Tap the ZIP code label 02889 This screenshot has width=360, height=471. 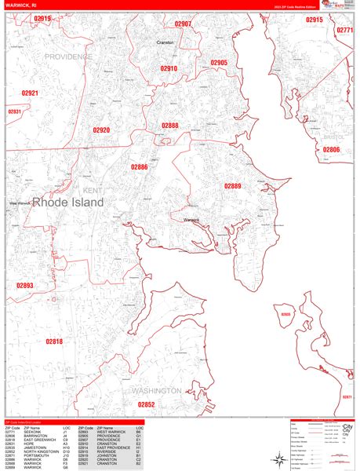[x=233, y=186]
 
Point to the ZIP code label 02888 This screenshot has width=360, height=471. [x=170, y=126]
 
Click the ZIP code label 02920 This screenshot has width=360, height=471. [x=101, y=130]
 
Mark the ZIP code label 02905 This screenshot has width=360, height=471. [x=219, y=63]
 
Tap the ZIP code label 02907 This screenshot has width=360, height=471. [x=183, y=24]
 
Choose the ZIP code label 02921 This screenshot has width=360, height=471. [x=30, y=93]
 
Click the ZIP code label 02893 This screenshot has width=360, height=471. [x=25, y=286]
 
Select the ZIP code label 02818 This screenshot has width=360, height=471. [x=53, y=341]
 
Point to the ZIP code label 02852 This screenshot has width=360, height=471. [x=147, y=404]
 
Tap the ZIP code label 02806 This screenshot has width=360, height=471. [x=332, y=150]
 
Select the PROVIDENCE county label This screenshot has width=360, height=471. [x=68, y=57]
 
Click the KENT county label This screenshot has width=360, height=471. [x=92, y=190]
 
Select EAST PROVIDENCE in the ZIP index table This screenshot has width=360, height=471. [x=116, y=447]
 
